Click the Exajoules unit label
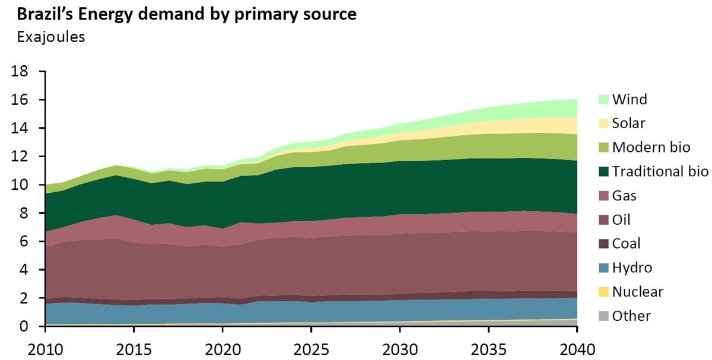(51, 37)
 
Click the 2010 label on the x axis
(44, 346)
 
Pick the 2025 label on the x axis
(311, 346)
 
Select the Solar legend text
(628, 123)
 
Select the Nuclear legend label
(637, 292)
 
